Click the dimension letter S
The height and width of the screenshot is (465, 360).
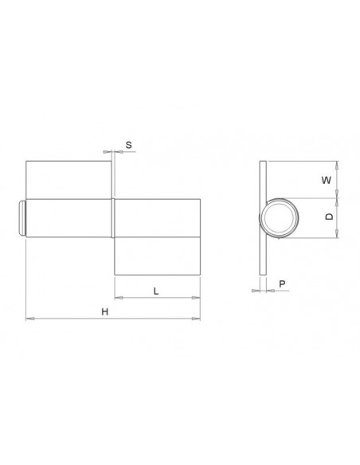click(x=129, y=145)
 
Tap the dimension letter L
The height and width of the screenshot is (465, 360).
click(x=155, y=291)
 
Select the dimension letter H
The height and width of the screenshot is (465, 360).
click(x=104, y=311)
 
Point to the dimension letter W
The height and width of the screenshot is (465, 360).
click(x=324, y=180)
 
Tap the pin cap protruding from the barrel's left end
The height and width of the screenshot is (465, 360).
click(x=22, y=217)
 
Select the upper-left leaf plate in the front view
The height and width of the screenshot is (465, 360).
click(x=68, y=179)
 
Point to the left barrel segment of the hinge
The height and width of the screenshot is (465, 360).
click(x=68, y=217)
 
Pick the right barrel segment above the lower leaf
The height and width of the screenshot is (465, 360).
click(x=156, y=217)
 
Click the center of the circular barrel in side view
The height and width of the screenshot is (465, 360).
click(x=278, y=217)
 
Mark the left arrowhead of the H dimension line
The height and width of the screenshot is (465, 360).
click(x=29, y=318)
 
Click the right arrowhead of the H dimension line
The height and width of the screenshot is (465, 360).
click(x=197, y=318)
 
